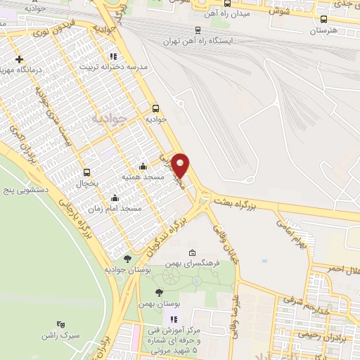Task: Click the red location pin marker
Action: [x=181, y=165]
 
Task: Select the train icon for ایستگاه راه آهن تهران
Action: [x=198, y=30]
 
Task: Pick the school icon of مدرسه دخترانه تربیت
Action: [x=112, y=56]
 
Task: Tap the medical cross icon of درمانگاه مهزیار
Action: [x=19, y=59]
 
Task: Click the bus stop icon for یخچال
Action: [x=87, y=172]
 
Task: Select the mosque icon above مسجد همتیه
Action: [x=143, y=167]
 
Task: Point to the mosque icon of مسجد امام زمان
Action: [x=115, y=198]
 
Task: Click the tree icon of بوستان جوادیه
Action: [x=127, y=258]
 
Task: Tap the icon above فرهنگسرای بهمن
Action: [x=193, y=252]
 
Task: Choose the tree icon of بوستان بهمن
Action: [x=160, y=291]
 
